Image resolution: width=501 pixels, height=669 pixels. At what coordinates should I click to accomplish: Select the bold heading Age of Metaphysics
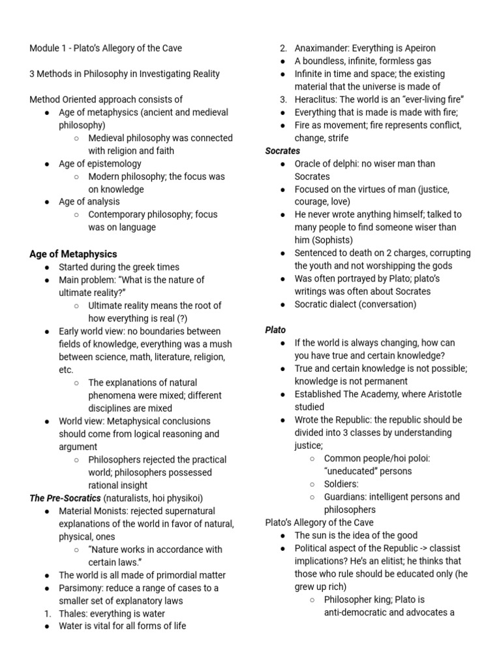tap(73, 254)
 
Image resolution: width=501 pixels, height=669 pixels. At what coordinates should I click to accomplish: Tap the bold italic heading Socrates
tap(282, 151)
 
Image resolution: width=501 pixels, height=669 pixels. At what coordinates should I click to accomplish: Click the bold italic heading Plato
tap(275, 330)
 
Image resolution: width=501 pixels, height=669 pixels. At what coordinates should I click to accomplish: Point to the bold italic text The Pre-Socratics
tap(65, 498)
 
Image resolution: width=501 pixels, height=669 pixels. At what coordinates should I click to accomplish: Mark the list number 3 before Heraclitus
tap(283, 99)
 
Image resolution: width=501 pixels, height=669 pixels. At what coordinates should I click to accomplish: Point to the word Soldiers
tap(341, 484)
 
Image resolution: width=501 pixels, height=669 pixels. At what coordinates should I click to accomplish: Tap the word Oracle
tap(309, 163)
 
